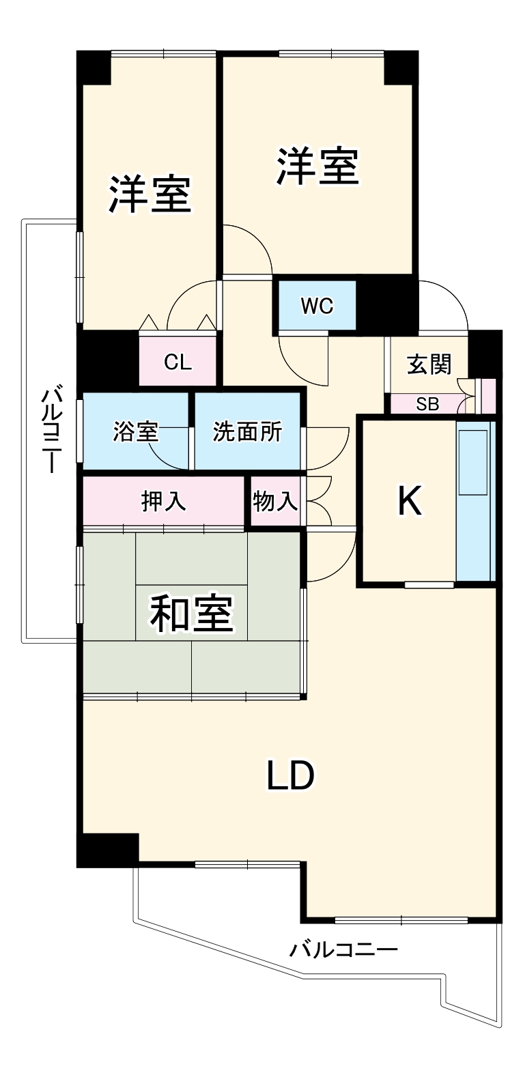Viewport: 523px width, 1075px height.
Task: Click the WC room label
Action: (x=317, y=306)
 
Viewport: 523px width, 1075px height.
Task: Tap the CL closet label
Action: (x=178, y=362)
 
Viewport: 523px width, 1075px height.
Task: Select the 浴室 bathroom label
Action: (x=135, y=431)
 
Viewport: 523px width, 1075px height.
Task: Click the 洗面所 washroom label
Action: (x=246, y=431)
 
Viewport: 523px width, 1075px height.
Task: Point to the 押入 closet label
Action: (x=163, y=501)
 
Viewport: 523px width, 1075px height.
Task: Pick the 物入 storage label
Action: (x=275, y=501)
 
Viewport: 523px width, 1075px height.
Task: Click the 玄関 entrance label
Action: (x=429, y=364)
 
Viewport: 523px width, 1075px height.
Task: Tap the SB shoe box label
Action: (x=427, y=404)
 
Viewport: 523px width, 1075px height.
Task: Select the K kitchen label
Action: (x=409, y=502)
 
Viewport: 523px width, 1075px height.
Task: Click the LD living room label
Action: (x=290, y=775)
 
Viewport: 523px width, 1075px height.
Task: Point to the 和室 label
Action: (x=192, y=613)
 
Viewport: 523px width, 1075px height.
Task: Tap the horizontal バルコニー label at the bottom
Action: (x=343, y=949)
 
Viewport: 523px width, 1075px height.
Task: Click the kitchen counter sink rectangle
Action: (x=473, y=462)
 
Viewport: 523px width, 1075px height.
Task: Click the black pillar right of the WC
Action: (x=387, y=304)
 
